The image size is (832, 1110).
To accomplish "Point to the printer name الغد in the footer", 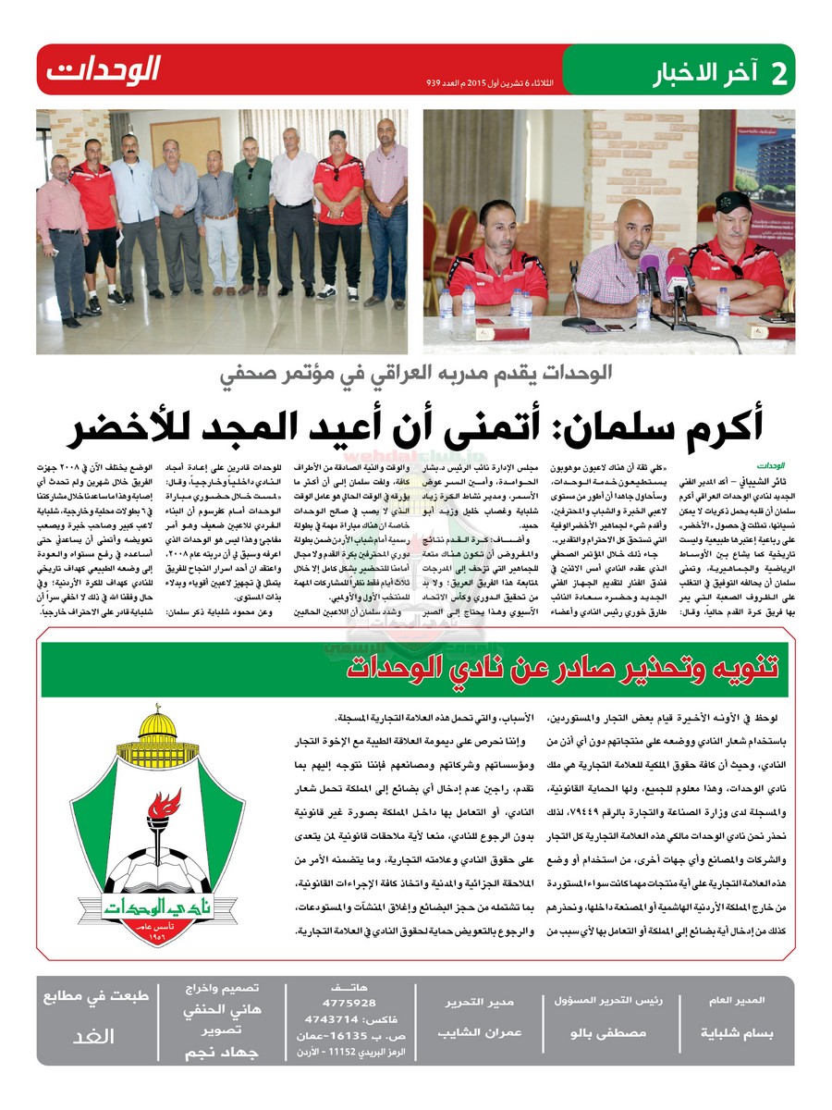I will [x=93, y=1036].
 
